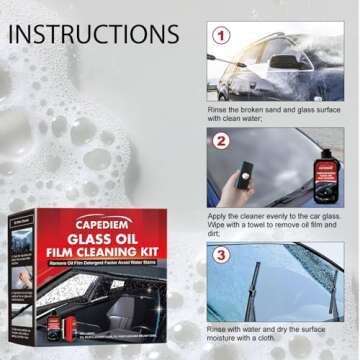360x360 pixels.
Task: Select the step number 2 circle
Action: click(x=221, y=143)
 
